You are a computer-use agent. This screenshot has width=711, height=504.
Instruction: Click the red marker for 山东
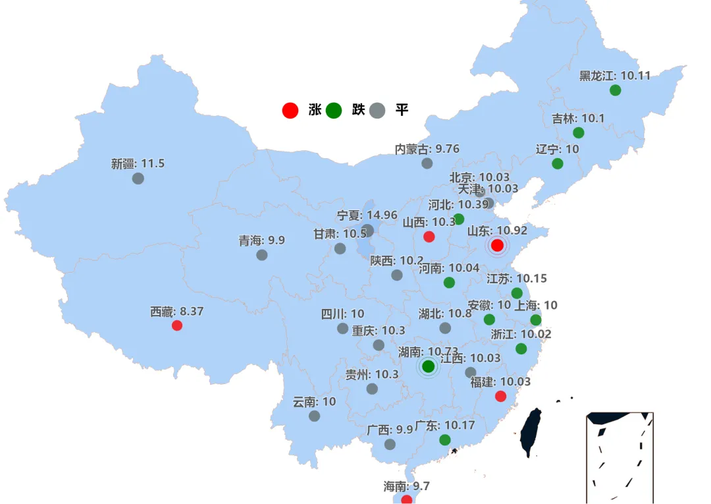(x=497, y=245)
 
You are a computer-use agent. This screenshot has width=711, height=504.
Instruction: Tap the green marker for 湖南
(x=428, y=366)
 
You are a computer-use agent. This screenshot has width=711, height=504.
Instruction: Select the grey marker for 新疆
(x=138, y=178)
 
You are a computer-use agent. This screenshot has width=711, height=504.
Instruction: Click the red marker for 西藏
(x=176, y=325)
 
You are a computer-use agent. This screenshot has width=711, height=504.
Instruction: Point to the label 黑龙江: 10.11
(x=614, y=76)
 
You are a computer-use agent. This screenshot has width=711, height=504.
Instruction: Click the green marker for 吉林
(x=579, y=132)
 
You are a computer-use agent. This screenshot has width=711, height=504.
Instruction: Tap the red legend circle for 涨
(x=290, y=110)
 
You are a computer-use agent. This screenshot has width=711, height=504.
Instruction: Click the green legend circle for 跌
(x=334, y=110)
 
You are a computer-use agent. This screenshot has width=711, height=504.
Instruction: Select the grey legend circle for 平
(x=377, y=110)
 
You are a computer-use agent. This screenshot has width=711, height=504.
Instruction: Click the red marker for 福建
(x=500, y=396)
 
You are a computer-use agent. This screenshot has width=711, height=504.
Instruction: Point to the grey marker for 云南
(x=314, y=416)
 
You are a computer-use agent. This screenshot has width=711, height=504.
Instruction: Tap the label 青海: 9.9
(x=261, y=240)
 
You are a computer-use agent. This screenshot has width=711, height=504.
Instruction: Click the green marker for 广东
(x=445, y=439)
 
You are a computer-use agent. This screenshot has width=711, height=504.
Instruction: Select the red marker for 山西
(x=429, y=237)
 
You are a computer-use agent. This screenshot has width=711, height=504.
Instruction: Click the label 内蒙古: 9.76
(x=427, y=149)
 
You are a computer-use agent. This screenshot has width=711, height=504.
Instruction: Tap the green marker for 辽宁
(x=558, y=163)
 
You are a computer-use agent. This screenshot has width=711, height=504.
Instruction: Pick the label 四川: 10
(x=342, y=314)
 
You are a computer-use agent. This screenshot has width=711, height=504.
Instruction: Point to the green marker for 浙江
(x=521, y=349)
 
